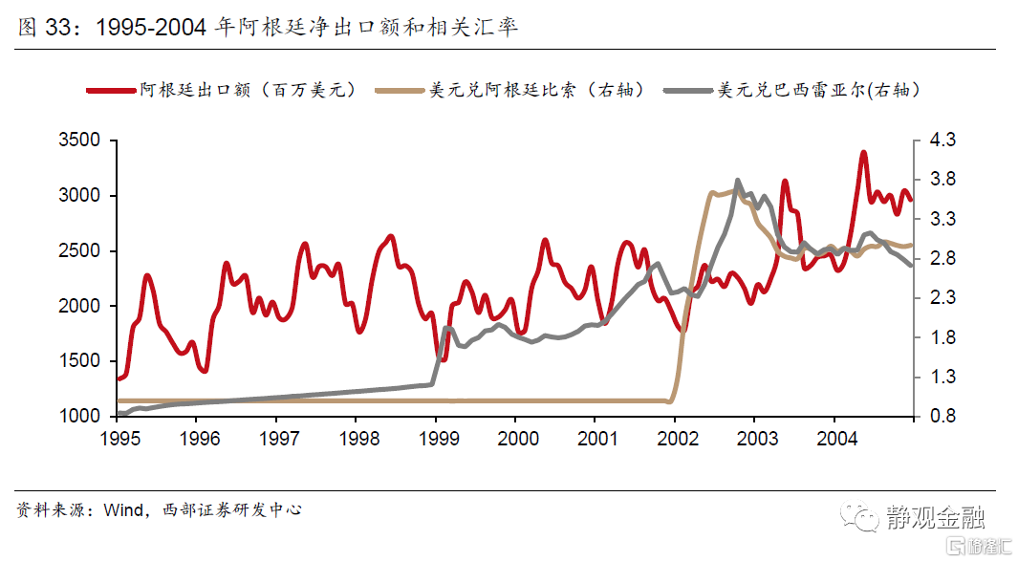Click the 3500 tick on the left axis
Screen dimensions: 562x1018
[x=81, y=140]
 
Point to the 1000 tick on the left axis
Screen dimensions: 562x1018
[x=81, y=416]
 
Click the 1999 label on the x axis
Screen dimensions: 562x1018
[x=436, y=438]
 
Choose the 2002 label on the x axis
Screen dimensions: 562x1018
[x=675, y=438]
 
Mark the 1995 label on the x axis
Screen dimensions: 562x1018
[x=118, y=438]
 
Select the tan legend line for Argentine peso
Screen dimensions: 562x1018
[x=400, y=91]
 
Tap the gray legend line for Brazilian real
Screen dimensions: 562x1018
[x=688, y=91]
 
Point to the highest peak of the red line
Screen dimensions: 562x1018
[x=863, y=152]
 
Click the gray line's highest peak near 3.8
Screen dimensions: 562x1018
[x=738, y=181]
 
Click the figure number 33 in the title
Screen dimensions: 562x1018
[x=57, y=28]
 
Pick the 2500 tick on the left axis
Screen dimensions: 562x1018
[x=81, y=250]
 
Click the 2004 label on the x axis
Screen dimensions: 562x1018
[x=834, y=438]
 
